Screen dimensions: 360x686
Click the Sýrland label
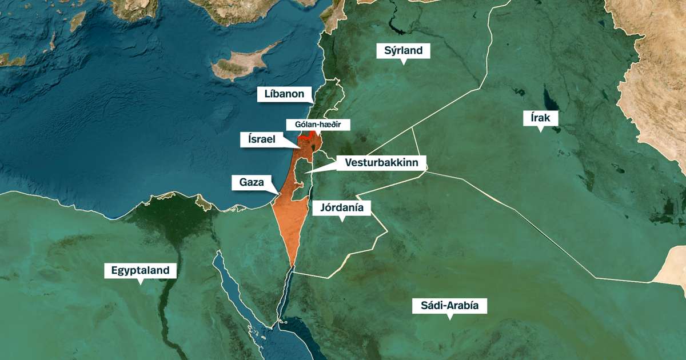pyautogui.click(x=403, y=51)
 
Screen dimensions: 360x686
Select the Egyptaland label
pyautogui.click(x=140, y=270)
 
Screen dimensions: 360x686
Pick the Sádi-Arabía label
pyautogui.click(x=450, y=306)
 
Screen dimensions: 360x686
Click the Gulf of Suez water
pyautogui.click(x=229, y=280)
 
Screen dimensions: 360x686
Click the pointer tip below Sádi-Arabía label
pyautogui.click(x=450, y=318)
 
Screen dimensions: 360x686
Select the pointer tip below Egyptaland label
pyautogui.click(x=140, y=282)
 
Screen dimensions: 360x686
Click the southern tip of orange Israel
pyautogui.click(x=292, y=266)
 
